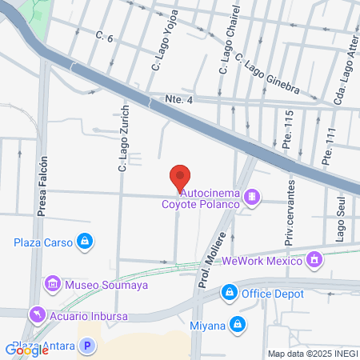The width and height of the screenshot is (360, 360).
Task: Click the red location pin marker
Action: click(x=180, y=177)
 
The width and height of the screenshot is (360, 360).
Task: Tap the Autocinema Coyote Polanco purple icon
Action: click(x=252, y=196)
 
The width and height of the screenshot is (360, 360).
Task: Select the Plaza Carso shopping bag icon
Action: click(x=84, y=241)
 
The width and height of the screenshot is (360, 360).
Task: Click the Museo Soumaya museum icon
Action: click(x=53, y=284)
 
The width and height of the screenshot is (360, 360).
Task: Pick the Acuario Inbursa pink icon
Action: click(x=35, y=314)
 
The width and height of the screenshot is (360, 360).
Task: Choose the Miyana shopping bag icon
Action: click(x=237, y=324)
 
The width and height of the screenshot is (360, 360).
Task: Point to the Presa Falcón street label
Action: click(x=43, y=186)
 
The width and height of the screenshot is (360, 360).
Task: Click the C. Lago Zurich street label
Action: click(x=123, y=139)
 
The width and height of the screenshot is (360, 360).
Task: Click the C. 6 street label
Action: click(x=105, y=36)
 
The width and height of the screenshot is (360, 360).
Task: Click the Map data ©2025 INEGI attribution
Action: click(x=313, y=354)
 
